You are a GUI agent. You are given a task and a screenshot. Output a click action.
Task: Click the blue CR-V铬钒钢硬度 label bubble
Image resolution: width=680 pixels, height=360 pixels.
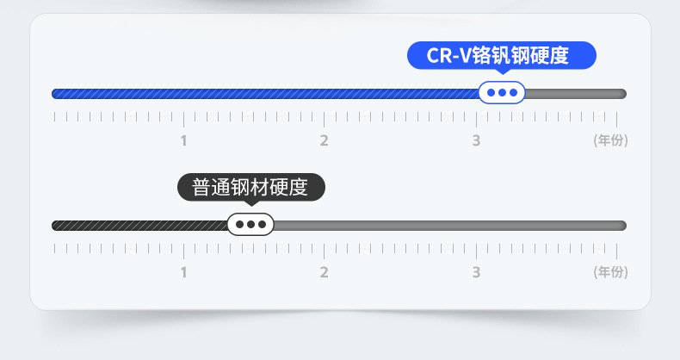pyautogui.click(x=501, y=56)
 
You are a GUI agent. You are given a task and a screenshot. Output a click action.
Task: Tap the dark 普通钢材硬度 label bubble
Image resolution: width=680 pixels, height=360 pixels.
pyautogui.click(x=250, y=188)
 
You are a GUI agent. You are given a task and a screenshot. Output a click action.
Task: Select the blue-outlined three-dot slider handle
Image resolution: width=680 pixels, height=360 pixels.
pyautogui.click(x=502, y=93)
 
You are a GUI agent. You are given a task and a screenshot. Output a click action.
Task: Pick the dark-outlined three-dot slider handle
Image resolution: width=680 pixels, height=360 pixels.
pyautogui.click(x=250, y=225)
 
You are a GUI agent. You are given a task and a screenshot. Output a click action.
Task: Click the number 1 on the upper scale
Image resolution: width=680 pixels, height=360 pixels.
pyautogui.click(x=183, y=140)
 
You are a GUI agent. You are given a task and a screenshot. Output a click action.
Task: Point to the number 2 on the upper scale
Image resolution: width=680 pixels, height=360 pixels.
pyautogui.click(x=325, y=140)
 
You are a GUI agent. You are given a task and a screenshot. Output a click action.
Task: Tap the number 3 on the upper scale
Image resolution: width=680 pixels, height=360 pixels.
pyautogui.click(x=476, y=140)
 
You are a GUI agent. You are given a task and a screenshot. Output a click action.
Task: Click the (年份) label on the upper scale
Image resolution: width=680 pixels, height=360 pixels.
pyautogui.click(x=610, y=140)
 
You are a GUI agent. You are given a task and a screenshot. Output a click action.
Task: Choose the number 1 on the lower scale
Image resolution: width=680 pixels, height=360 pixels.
pyautogui.click(x=183, y=272)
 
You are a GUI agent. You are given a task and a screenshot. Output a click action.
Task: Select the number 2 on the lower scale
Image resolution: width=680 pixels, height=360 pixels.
pyautogui.click(x=325, y=272)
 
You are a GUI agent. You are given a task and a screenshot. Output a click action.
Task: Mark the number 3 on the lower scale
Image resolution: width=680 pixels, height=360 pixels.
pyautogui.click(x=476, y=272)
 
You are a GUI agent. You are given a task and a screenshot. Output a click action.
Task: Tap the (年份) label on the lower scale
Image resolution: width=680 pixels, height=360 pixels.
pyautogui.click(x=610, y=272)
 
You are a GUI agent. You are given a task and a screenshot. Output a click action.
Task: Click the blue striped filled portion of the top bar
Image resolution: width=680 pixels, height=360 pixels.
pyautogui.click(x=258, y=93)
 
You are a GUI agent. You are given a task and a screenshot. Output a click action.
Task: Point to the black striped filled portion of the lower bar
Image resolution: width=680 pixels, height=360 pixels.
pyautogui.click(x=138, y=226)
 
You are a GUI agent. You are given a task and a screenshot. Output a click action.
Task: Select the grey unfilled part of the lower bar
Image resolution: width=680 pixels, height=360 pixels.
pyautogui.click(x=448, y=226)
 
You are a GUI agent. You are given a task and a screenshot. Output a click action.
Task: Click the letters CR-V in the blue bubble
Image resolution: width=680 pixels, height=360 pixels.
pyautogui.click(x=445, y=56)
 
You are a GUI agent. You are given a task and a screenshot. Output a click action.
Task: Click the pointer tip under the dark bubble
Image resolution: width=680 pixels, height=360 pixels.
pyautogui.click(x=251, y=206)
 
